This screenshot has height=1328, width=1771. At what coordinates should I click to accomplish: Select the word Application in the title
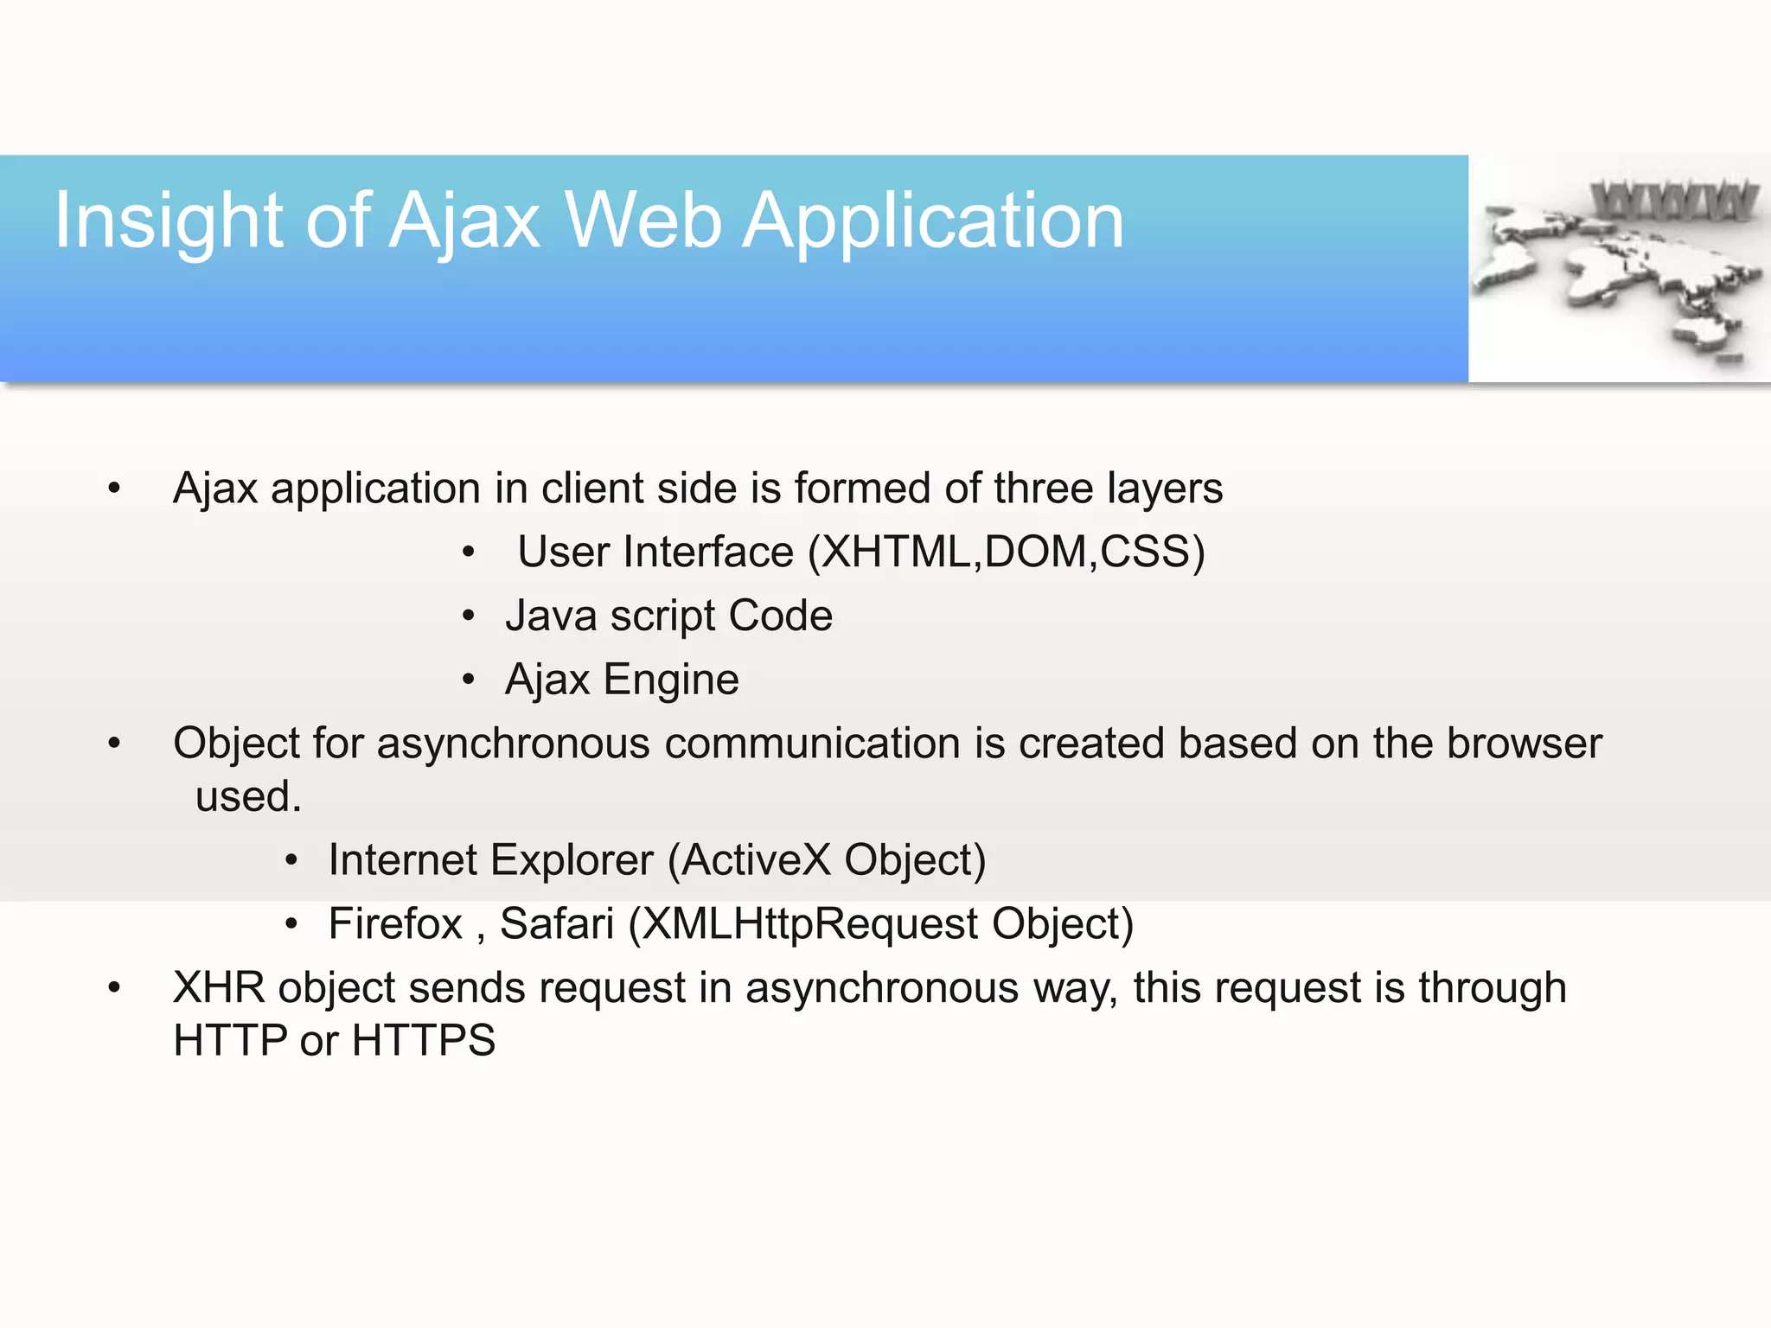[x=933, y=222]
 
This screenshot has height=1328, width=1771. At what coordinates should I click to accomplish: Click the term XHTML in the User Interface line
[x=896, y=552]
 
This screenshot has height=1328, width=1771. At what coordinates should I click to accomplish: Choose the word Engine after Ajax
[x=671, y=680]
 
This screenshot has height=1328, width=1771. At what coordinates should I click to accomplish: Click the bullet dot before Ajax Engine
[x=468, y=680]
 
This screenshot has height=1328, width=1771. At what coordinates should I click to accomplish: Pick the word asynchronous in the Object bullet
[x=513, y=744]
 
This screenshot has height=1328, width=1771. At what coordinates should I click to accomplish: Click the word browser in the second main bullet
[x=1525, y=744]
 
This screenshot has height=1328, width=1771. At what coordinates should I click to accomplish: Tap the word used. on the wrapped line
[x=248, y=796]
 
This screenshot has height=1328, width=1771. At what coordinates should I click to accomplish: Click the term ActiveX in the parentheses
[x=757, y=860]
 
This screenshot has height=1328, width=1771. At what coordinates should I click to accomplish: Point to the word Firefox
[x=395, y=924]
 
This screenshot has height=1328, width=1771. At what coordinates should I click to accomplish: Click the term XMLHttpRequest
[x=810, y=924]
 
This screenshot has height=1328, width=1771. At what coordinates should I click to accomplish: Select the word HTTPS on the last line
[x=424, y=1040]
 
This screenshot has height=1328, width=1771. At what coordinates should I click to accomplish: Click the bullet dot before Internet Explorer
[x=291, y=860]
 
